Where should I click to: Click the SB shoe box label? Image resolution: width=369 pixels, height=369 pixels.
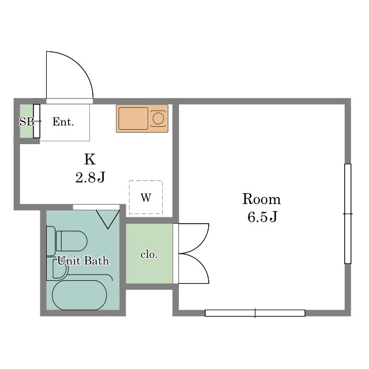27,122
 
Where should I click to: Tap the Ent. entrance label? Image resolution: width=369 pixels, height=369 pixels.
63,122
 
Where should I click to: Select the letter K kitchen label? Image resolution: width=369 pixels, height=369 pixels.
90,159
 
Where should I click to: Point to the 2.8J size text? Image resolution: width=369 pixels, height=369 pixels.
90,178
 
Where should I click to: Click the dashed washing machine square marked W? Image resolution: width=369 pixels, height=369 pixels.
146,197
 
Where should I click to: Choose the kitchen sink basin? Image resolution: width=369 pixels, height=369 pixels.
133,118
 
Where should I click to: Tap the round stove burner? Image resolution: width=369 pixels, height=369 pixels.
158,118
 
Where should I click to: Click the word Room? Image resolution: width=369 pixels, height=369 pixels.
261,199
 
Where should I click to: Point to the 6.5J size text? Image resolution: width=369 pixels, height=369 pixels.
262,217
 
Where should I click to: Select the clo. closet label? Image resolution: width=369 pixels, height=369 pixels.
149,254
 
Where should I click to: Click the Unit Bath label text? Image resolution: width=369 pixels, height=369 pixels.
83,261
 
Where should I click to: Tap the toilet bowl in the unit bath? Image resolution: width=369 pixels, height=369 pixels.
71,241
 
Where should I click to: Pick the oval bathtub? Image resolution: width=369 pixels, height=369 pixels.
80,295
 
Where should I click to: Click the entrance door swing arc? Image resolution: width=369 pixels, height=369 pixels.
80,65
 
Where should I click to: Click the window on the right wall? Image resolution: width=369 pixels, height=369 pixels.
348,214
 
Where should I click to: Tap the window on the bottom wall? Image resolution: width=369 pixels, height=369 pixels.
255,313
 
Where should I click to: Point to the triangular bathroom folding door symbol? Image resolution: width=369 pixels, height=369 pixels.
108,219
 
